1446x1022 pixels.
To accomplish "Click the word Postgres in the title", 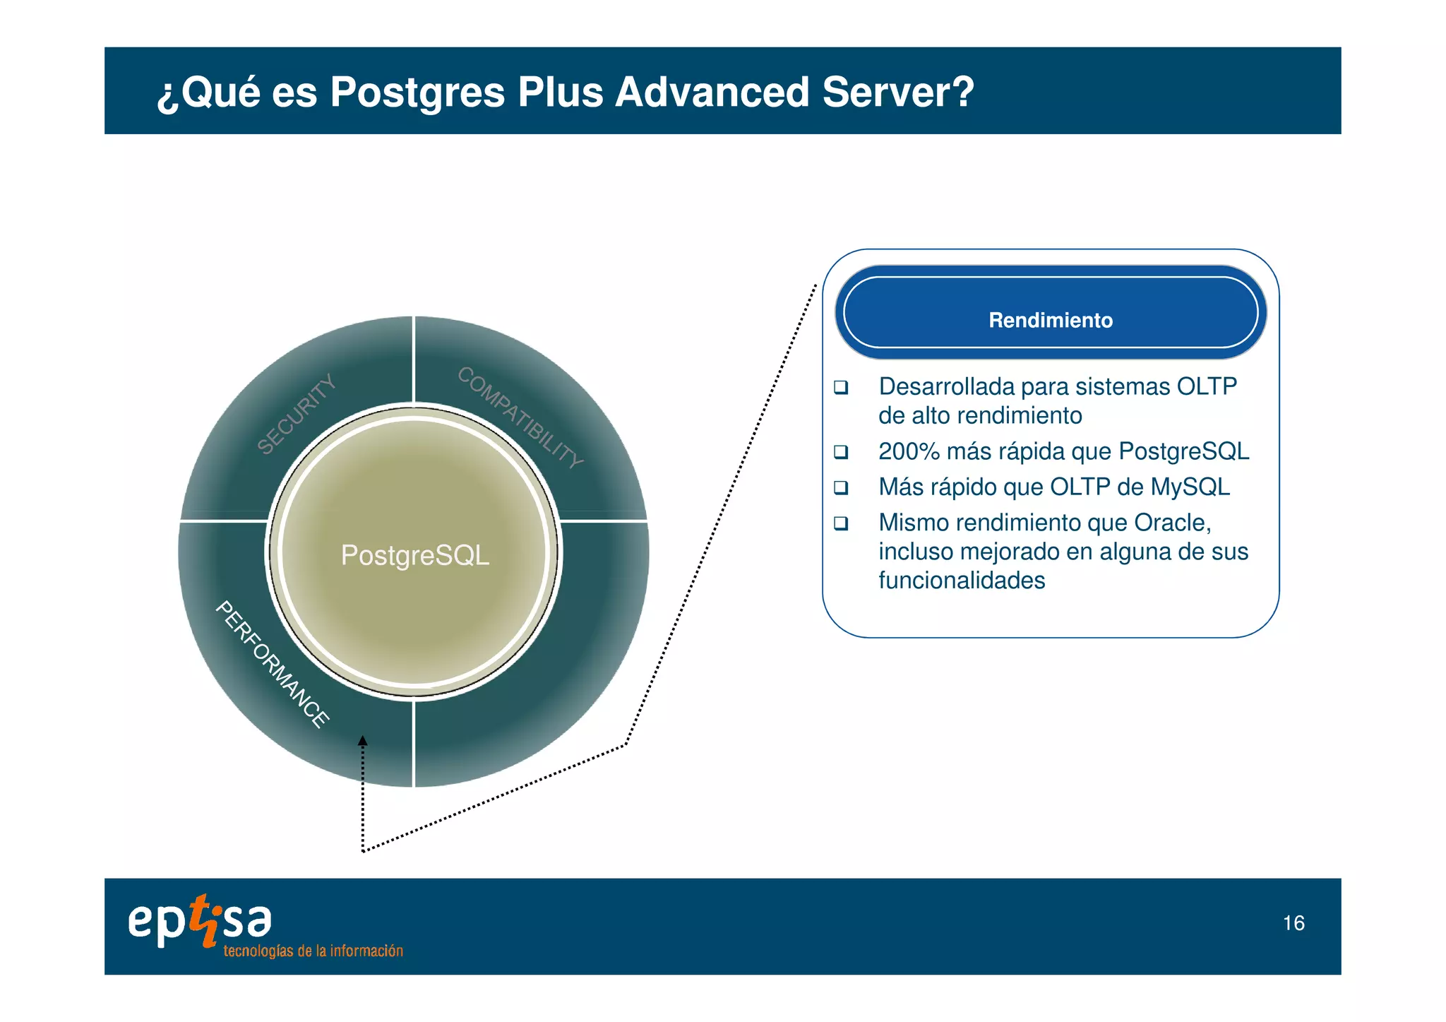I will click(x=417, y=93).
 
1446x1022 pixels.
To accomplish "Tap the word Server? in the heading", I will click(x=898, y=93).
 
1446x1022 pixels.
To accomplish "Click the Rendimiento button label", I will click(x=1050, y=320).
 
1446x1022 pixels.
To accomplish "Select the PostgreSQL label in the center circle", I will click(x=415, y=555).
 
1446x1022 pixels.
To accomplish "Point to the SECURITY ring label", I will click(x=296, y=415).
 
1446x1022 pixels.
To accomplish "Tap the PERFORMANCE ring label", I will click(x=272, y=664).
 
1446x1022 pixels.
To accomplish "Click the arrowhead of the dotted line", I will click(x=362, y=741).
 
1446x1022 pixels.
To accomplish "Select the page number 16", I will click(x=1293, y=923).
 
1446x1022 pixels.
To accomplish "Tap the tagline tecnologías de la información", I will click(x=313, y=951).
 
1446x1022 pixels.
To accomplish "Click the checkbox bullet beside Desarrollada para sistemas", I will click(x=840, y=387).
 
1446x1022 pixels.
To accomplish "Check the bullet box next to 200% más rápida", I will click(x=840, y=451).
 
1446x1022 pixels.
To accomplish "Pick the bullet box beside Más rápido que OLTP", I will click(x=840, y=487).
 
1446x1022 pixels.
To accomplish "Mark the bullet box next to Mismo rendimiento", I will click(x=840, y=523).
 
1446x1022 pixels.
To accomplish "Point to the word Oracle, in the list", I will click(x=1172, y=523).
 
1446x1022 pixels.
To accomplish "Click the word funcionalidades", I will click(x=962, y=581).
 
